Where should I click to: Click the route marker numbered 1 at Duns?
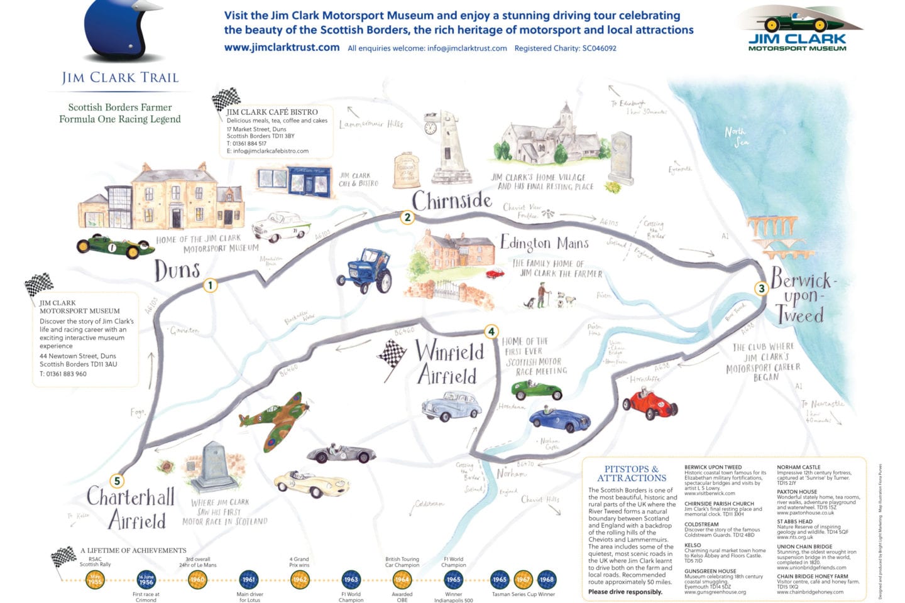click(211, 285)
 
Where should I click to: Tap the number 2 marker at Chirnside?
click(407, 217)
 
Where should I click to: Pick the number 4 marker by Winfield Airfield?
click(491, 332)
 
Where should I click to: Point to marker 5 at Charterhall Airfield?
click(117, 481)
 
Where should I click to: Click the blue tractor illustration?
click(366, 270)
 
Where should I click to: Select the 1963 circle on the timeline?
click(351, 579)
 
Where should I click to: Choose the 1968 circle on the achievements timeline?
click(547, 579)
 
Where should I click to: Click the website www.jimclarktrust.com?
click(282, 47)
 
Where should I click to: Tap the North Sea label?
click(737, 136)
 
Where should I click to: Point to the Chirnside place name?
click(451, 200)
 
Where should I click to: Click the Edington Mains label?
click(544, 243)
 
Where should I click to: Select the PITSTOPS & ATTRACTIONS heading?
click(631, 473)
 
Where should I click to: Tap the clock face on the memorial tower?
click(431, 128)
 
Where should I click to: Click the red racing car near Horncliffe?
click(649, 404)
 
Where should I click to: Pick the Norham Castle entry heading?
click(798, 467)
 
